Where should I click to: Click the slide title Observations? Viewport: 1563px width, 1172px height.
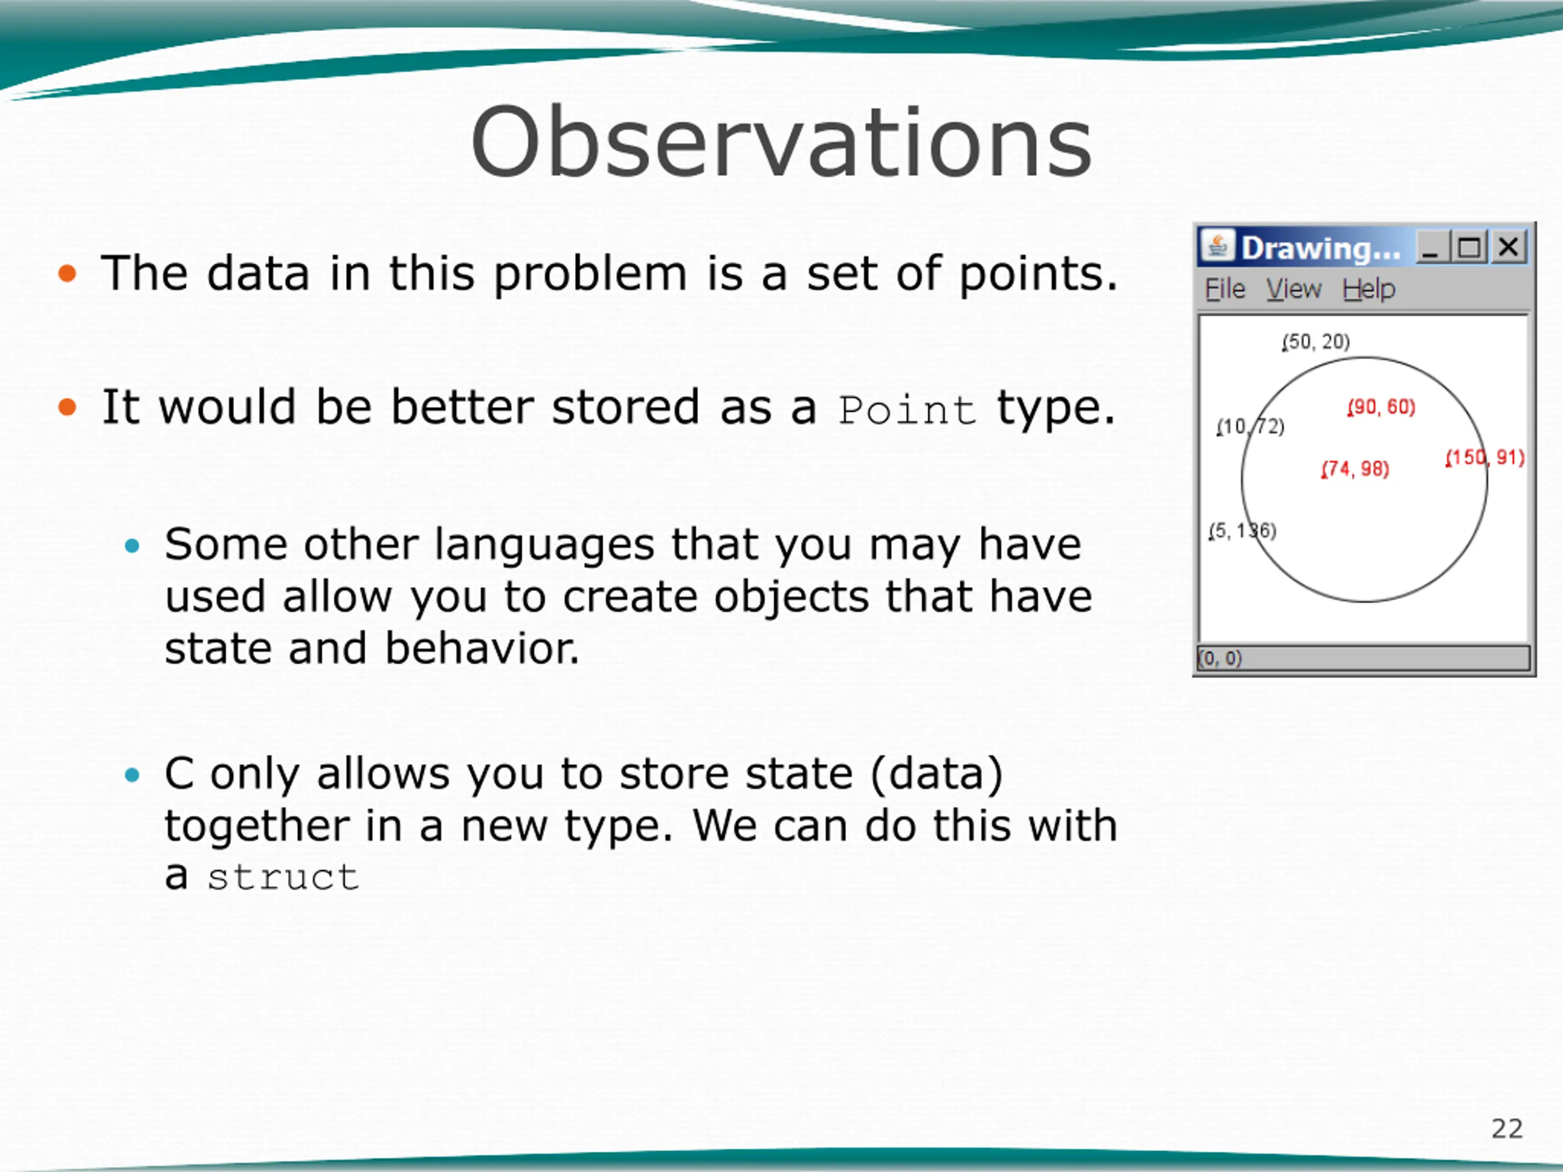tap(781, 142)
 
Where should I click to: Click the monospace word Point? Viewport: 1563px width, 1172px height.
tap(907, 410)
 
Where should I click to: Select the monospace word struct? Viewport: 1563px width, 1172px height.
tap(283, 877)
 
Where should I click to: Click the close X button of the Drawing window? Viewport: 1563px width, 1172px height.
tap(1509, 247)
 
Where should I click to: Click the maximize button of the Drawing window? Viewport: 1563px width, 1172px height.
tap(1470, 247)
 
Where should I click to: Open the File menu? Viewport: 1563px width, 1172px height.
tap(1225, 289)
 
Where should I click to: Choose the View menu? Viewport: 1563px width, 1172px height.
tap(1293, 289)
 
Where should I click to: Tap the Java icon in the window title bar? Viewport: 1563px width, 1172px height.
tap(1217, 247)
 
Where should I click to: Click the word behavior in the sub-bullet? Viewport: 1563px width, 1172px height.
tap(482, 648)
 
